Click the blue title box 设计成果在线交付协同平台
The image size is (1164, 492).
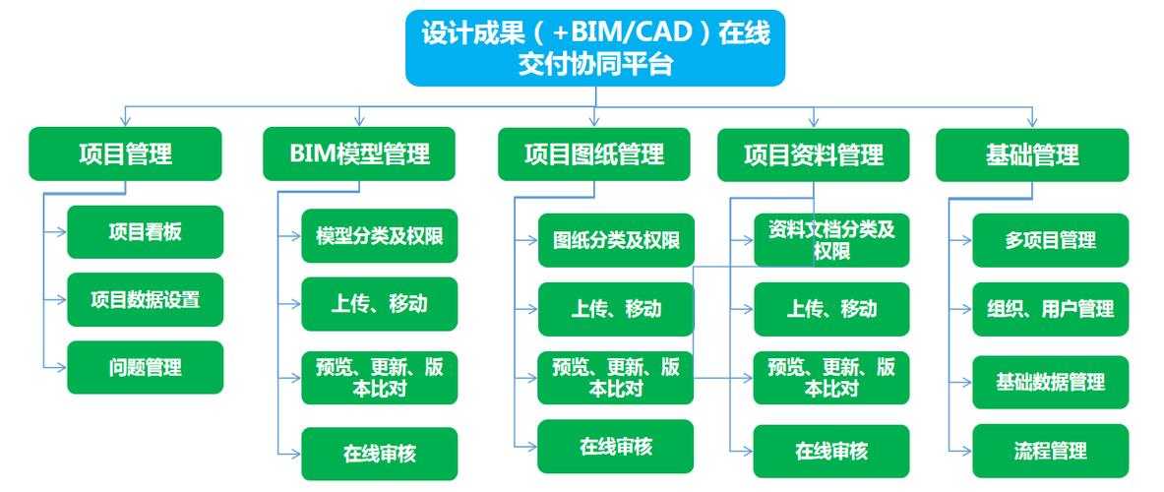pyautogui.click(x=595, y=48)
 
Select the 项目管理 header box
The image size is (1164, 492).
pyautogui.click(x=125, y=154)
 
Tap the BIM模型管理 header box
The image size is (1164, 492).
pyautogui.click(x=359, y=154)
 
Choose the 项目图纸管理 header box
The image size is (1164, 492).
pyautogui.click(x=593, y=154)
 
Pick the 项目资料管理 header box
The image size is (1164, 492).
pyautogui.click(x=813, y=155)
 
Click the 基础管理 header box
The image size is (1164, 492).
pyautogui.click(x=1031, y=155)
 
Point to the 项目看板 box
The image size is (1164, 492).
pyautogui.click(x=145, y=232)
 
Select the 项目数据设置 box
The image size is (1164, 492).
pyautogui.click(x=145, y=299)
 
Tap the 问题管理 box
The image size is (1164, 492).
pyautogui.click(x=145, y=367)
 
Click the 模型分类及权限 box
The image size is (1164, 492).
pyautogui.click(x=379, y=236)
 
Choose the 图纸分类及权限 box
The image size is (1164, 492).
pyautogui.click(x=615, y=240)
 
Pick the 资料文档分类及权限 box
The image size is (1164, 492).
pyautogui.click(x=831, y=240)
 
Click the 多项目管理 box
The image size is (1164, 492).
pyautogui.click(x=1050, y=240)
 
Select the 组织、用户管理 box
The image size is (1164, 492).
pyautogui.click(x=1050, y=309)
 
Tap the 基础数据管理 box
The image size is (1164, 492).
pyautogui.click(x=1050, y=382)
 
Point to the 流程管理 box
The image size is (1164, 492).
pyautogui.click(x=1050, y=452)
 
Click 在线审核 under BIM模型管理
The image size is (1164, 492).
pyautogui.click(x=379, y=454)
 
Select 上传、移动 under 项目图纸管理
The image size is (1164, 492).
pyautogui.click(x=615, y=309)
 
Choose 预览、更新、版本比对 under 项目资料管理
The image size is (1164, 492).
pyautogui.click(x=831, y=378)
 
